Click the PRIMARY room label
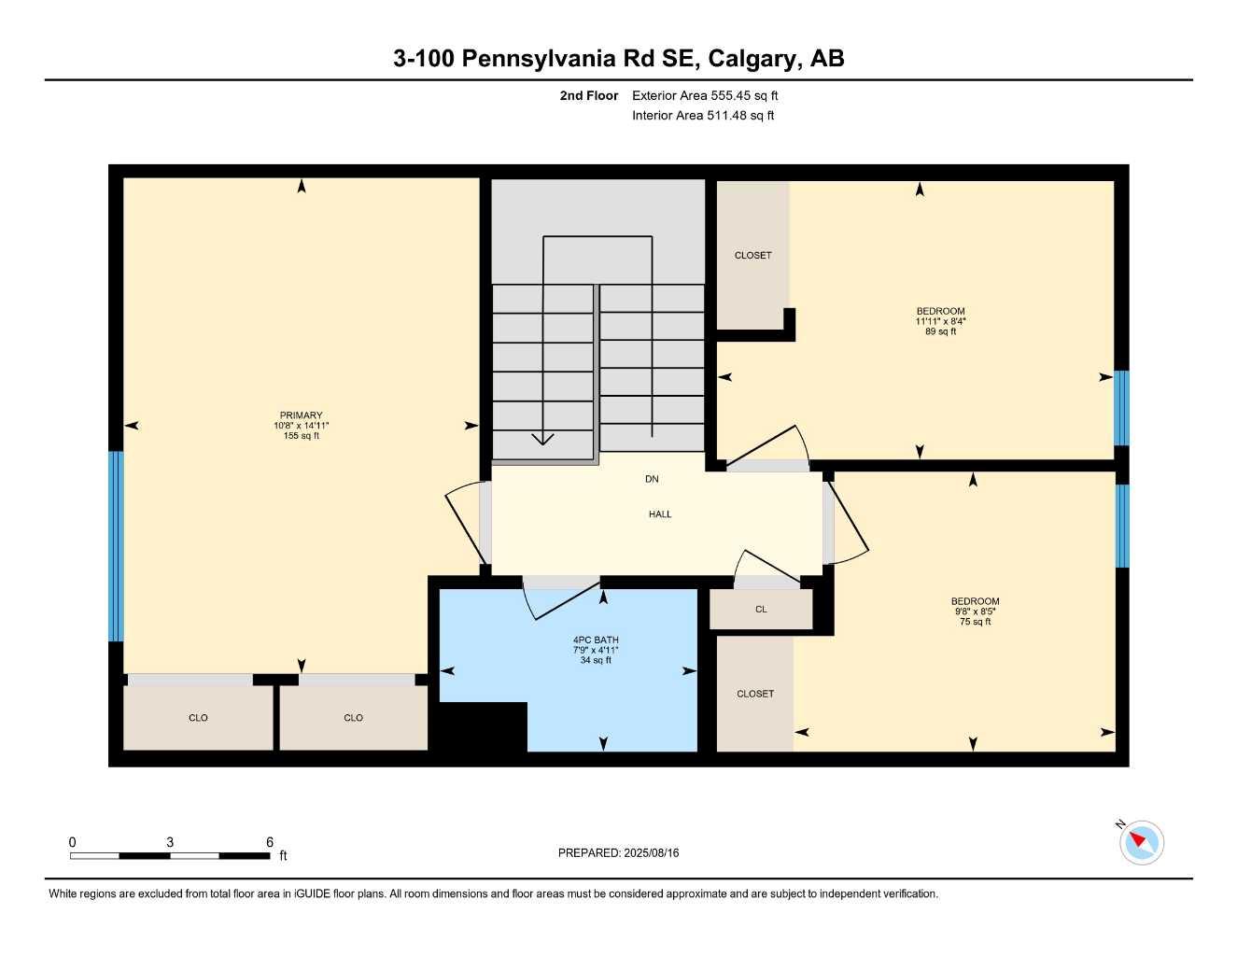(301, 415)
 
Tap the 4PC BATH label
(596, 640)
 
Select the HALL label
(660, 514)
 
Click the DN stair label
(652, 479)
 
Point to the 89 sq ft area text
(940, 331)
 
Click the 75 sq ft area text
(975, 622)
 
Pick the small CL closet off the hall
(761, 610)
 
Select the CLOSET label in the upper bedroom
(752, 256)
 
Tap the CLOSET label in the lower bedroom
(755, 695)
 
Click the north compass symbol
(1141, 842)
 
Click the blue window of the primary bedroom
(116, 546)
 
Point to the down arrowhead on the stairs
(542, 439)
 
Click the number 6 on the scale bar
(270, 842)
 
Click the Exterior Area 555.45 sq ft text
(705, 95)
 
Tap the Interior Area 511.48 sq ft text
(703, 116)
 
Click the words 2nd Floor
(589, 95)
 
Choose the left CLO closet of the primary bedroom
(198, 718)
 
